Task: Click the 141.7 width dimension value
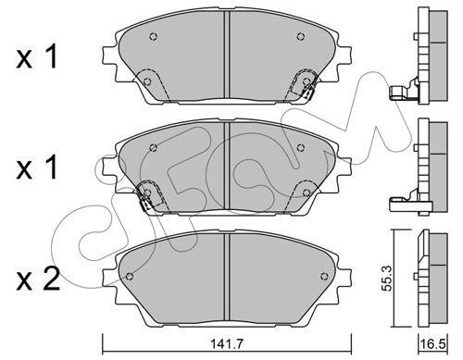click(x=227, y=343)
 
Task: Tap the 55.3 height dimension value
click(x=386, y=278)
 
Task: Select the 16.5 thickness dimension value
click(x=433, y=343)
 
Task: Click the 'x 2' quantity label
click(x=38, y=279)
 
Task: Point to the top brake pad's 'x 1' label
click(x=37, y=56)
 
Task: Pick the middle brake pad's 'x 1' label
click(x=37, y=167)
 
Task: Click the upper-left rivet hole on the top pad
click(x=154, y=37)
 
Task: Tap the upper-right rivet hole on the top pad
click(x=301, y=37)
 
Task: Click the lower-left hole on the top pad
click(x=148, y=81)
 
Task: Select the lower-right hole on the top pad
click(x=307, y=81)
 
